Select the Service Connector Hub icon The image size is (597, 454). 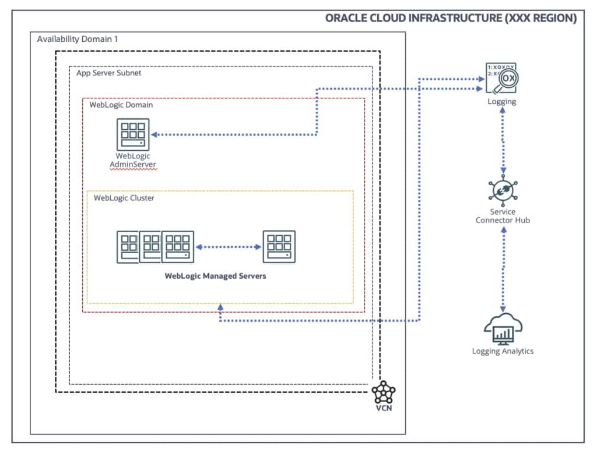coord(503,191)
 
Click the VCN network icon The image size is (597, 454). coord(384,392)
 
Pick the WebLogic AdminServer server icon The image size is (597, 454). coord(133,134)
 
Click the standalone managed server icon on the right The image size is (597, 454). coord(279,247)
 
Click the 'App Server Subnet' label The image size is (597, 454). coord(108,73)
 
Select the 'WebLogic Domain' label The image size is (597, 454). coord(121,105)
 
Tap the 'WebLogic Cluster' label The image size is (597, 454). coord(124,198)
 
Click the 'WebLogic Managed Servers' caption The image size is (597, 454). coord(216,276)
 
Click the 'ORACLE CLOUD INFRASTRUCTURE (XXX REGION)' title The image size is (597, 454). coord(451,18)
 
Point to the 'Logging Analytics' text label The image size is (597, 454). coord(503,351)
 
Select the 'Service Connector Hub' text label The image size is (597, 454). coord(503,216)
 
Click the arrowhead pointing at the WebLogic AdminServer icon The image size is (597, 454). coord(156,134)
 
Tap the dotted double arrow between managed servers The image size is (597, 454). coord(229,247)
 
